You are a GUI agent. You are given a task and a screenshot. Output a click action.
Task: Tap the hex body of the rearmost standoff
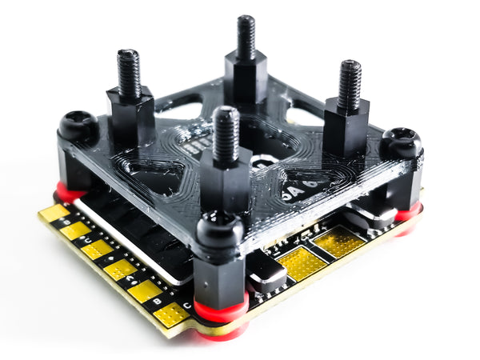(246, 77)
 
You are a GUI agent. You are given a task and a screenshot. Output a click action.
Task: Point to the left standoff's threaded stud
(130, 73)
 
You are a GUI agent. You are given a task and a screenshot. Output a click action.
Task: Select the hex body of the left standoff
(130, 115)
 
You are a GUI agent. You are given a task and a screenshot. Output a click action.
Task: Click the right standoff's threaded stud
(350, 84)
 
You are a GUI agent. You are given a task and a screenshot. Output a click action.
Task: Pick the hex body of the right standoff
(346, 126)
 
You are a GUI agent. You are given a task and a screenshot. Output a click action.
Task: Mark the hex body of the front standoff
(226, 182)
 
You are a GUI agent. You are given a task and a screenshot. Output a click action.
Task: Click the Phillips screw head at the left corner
(78, 126)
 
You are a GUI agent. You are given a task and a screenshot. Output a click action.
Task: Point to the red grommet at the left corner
(69, 193)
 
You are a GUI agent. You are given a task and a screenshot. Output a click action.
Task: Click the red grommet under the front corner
(222, 313)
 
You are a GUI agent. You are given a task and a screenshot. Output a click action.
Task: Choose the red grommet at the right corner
(408, 213)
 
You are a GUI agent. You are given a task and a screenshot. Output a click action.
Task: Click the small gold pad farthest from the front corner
(54, 214)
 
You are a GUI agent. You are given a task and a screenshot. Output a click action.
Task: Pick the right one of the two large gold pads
(338, 241)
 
